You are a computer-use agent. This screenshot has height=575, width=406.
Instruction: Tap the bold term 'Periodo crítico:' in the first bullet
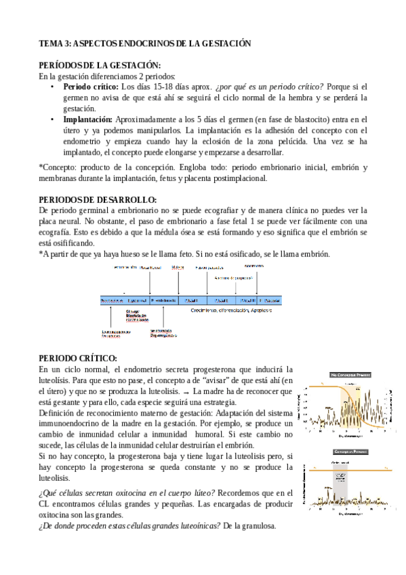click(91, 87)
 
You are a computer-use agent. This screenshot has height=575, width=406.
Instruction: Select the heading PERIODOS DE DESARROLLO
click(98, 199)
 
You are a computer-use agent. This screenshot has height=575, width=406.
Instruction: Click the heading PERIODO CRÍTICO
click(78, 358)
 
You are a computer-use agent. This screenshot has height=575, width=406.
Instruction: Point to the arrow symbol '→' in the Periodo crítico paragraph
click(196, 393)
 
